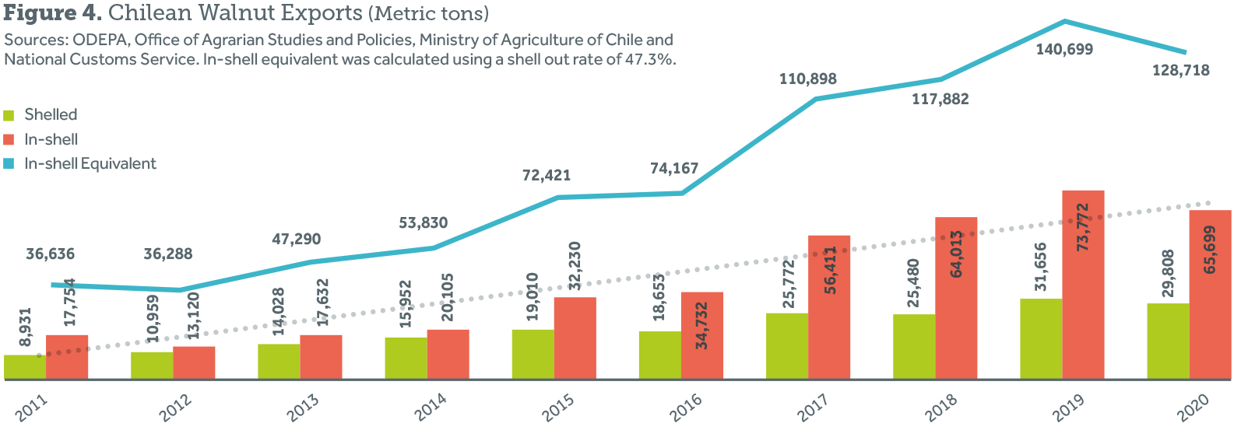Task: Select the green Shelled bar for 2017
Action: coord(787,346)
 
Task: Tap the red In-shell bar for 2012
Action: coord(194,362)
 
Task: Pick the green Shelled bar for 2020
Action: coord(1168,341)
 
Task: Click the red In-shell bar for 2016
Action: coord(702,335)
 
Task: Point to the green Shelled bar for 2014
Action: coord(406,358)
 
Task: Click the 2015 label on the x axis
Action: coord(557,407)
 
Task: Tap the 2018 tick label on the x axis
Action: coord(940,407)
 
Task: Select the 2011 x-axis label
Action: coord(31,407)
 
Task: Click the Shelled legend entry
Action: coord(51,115)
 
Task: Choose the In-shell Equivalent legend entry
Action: coord(90,164)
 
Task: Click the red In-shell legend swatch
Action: coord(9,140)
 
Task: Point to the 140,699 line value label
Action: coord(1063,50)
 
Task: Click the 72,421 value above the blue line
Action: coord(546,176)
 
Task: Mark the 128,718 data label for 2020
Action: coord(1180,71)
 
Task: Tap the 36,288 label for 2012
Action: coord(167,254)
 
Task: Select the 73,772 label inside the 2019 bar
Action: coord(1082,227)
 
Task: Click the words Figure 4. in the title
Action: coord(53,13)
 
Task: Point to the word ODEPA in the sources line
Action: coord(98,40)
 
